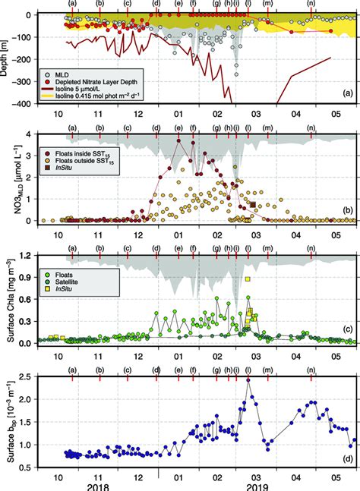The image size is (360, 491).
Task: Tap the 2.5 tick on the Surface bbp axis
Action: pos(30,377)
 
